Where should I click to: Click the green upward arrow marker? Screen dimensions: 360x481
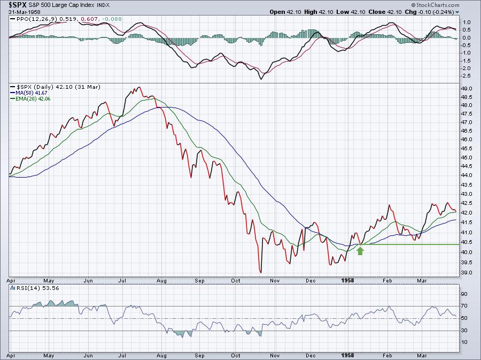click(x=360, y=250)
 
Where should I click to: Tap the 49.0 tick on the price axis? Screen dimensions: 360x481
click(x=467, y=89)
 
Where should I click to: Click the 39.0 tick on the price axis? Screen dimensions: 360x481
click(x=467, y=273)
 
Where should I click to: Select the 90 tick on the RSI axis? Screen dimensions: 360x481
click(x=465, y=294)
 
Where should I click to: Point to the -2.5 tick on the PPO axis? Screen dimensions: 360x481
click(x=466, y=76)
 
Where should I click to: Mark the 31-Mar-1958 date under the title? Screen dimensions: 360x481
click(x=21, y=12)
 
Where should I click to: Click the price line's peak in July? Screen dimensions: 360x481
click(x=139, y=87)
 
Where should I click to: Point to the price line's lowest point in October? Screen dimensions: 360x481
click(x=261, y=272)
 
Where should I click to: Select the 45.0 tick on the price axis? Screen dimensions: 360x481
click(x=467, y=158)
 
